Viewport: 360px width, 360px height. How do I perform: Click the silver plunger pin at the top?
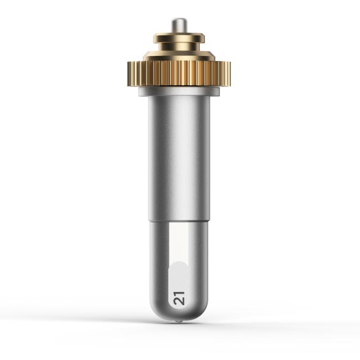179,25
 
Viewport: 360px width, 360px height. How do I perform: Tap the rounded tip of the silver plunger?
179,19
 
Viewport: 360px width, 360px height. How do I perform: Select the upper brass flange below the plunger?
179,38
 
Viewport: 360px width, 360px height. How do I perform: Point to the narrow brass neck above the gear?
179,47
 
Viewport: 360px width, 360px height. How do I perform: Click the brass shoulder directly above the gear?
179,56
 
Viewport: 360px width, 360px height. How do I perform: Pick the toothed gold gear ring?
179,74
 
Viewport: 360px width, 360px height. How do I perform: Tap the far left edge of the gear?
128,74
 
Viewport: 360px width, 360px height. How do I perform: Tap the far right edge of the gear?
230,74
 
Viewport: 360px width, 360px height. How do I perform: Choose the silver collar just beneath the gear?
179,91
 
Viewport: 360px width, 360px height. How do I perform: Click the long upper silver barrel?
179,158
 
